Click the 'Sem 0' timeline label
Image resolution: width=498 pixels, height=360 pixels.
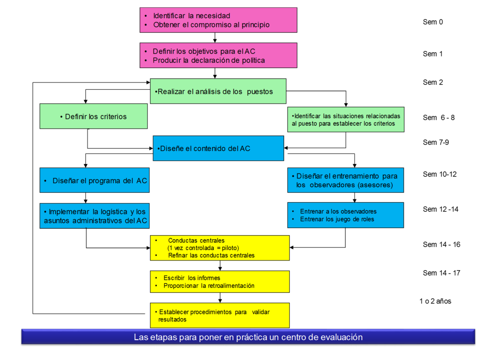click(x=433, y=22)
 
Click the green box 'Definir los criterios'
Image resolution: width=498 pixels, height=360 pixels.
click(x=93, y=116)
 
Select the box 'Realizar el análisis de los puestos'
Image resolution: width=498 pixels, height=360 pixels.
click(x=218, y=91)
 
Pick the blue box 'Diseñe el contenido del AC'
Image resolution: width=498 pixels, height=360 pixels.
click(x=218, y=148)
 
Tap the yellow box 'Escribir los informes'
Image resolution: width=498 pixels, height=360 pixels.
click(x=220, y=282)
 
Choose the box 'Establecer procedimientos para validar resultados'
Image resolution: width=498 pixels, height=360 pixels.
click(x=220, y=315)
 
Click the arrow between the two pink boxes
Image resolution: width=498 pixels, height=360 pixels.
click(x=215, y=38)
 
